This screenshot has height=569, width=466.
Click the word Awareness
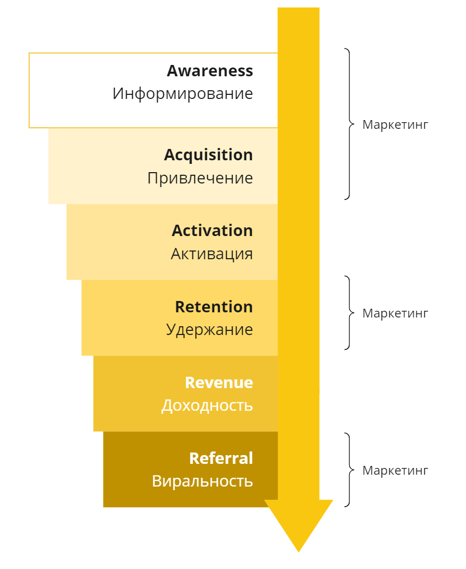pyautogui.click(x=210, y=71)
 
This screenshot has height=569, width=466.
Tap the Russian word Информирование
pyautogui.click(x=183, y=94)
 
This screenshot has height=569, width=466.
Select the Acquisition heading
pyautogui.click(x=208, y=155)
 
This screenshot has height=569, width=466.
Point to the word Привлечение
pyautogui.click(x=200, y=178)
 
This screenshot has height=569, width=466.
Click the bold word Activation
pyautogui.click(x=212, y=230)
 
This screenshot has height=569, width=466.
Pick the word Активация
pyautogui.click(x=212, y=254)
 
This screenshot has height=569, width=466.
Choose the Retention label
pyautogui.click(x=214, y=307)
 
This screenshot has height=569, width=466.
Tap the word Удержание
pyautogui.click(x=209, y=329)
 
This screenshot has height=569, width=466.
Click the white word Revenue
pyautogui.click(x=219, y=382)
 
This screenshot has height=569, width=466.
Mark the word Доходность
pyautogui.click(x=207, y=406)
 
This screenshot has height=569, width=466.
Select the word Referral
pyautogui.click(x=221, y=458)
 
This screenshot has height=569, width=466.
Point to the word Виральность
pyautogui.click(x=202, y=481)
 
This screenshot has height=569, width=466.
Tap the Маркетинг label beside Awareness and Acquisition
pyautogui.click(x=395, y=125)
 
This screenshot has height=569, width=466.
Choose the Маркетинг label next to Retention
pyautogui.click(x=395, y=313)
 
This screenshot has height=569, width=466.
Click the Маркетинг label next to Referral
pyautogui.click(x=395, y=471)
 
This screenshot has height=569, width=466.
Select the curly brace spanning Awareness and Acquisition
pyautogui.click(x=349, y=124)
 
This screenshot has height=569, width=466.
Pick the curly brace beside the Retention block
pyautogui.click(x=349, y=313)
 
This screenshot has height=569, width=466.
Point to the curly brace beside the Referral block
pyautogui.click(x=349, y=470)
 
